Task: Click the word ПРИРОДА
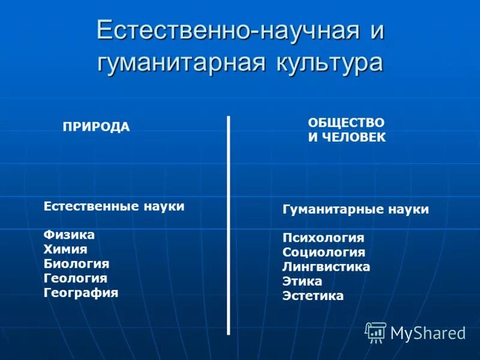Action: (96, 127)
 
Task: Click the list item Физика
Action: (69, 235)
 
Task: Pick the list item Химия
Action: (65, 250)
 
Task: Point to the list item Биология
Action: (76, 264)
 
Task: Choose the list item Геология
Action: (75, 278)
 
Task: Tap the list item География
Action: (81, 293)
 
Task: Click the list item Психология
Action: (323, 238)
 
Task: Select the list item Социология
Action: (324, 253)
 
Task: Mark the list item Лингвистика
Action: (326, 267)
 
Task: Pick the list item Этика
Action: (302, 281)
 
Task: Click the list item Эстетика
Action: (313, 296)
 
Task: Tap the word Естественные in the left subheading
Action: (91, 206)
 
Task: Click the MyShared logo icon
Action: (376, 332)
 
